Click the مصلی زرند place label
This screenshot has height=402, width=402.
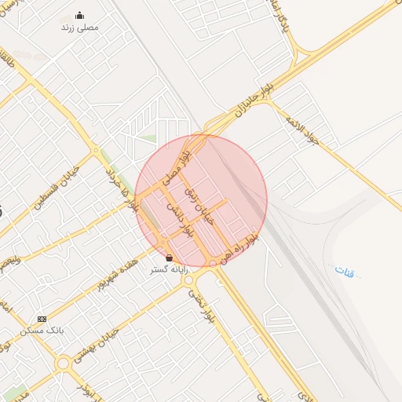pyautogui.click(x=80, y=27)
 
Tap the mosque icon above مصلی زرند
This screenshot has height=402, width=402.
pyautogui.click(x=79, y=15)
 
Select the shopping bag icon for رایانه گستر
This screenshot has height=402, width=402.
pyautogui.click(x=170, y=258)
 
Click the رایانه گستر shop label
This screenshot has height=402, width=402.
pyautogui.click(x=170, y=269)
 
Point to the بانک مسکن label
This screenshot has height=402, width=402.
pyautogui.click(x=48, y=331)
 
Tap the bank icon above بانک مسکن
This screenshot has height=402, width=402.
pyautogui.click(x=42, y=320)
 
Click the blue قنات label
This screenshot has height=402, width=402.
pyautogui.click(x=344, y=271)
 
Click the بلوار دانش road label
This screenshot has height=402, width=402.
pyautogui.click(x=178, y=220)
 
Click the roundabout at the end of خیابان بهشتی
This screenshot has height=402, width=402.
pyautogui.click(x=63, y=363)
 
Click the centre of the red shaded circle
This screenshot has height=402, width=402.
pyautogui.click(x=201, y=200)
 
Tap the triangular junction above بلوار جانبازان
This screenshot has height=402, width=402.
pyautogui.click(x=303, y=58)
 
